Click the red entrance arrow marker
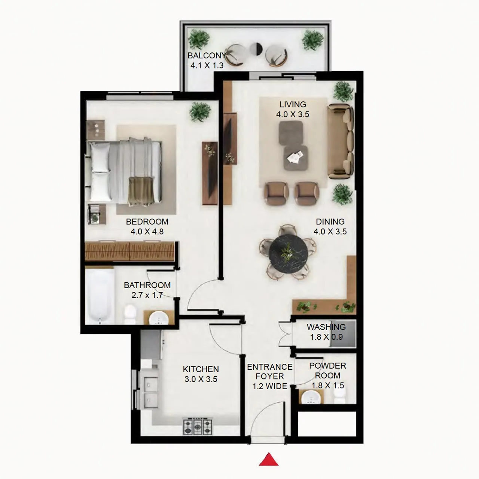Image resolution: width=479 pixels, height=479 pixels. point(269,460)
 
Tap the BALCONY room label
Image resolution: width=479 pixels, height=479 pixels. point(207,56)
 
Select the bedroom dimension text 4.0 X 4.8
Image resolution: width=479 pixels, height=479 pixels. point(147,232)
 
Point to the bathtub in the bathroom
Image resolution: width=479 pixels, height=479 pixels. point(100,296)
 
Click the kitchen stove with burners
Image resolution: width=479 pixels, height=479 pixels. point(197,426)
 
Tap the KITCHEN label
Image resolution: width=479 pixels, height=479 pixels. point(201,369)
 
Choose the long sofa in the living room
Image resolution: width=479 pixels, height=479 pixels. point(340,141)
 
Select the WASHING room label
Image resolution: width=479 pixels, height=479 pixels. point(326,327)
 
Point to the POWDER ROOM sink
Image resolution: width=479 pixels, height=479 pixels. point(311,397)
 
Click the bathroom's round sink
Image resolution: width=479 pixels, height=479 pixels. point(159,319)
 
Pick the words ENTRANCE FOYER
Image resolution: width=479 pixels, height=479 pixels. point(269,372)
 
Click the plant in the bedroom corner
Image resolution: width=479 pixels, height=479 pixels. point(200,111)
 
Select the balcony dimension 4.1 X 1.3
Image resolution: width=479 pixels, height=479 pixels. point(207,65)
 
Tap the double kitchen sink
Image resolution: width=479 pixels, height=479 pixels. point(152,391)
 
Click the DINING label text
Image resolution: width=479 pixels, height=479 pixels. point(330,222)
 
